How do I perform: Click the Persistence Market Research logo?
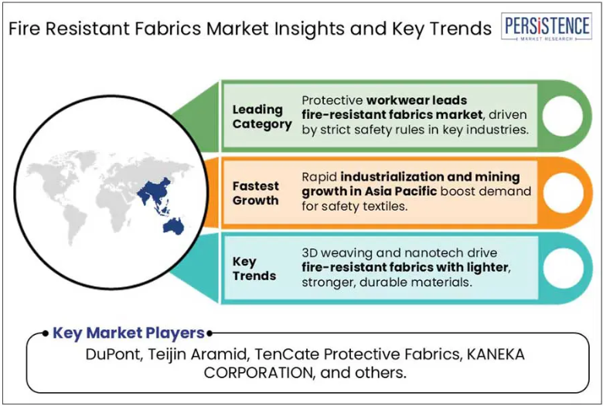pyautogui.click(x=547, y=26)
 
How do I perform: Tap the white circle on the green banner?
pyautogui.click(x=562, y=116)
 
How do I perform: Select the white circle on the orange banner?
pyautogui.click(x=562, y=193)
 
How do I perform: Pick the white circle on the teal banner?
pyautogui.click(x=562, y=268)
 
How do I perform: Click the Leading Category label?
pyautogui.click(x=262, y=117)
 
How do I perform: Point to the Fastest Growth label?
pyautogui.click(x=256, y=193)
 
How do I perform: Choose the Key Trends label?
pyautogui.click(x=254, y=269)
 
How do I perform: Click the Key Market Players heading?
pyautogui.click(x=128, y=333)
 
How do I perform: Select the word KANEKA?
pyautogui.click(x=496, y=354)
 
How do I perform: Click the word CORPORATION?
pyautogui.click(x=257, y=373)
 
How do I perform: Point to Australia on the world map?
pyautogui.click(x=173, y=226)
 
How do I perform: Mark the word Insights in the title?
pyautogui.click(x=301, y=29)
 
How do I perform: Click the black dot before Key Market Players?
pyautogui.click(x=46, y=333)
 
